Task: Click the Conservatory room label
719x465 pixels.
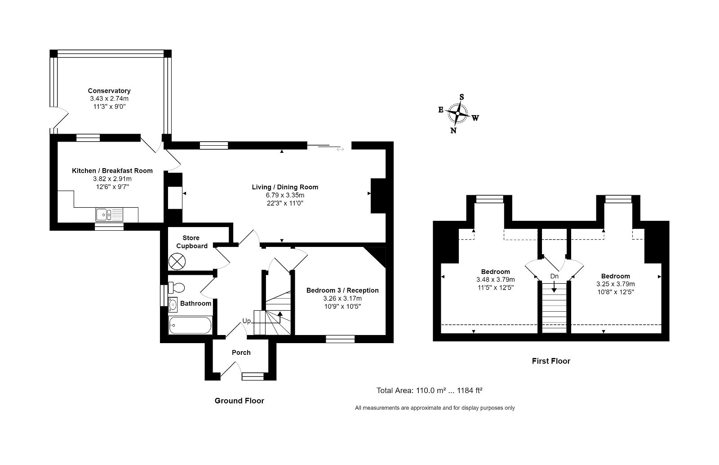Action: (x=109, y=91)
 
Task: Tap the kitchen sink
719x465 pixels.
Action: (x=109, y=215)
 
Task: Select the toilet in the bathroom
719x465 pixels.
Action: (x=176, y=287)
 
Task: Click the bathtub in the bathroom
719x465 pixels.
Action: (x=190, y=325)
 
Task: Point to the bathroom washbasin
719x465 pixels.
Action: (x=173, y=304)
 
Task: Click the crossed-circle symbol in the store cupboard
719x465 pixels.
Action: (x=177, y=261)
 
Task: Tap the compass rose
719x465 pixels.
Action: (x=458, y=113)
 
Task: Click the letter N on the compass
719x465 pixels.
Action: (x=453, y=130)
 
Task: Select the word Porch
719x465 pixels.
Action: (x=241, y=353)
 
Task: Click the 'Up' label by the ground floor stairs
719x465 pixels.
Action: (x=247, y=321)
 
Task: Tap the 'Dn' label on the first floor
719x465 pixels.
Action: (x=555, y=276)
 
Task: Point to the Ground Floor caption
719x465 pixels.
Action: (x=239, y=401)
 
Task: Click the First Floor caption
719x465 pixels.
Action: (x=551, y=361)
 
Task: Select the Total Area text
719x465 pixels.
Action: (x=430, y=390)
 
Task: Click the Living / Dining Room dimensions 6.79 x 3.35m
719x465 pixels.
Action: (x=285, y=195)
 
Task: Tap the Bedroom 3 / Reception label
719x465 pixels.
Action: (x=342, y=291)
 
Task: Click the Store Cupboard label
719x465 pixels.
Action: (x=191, y=242)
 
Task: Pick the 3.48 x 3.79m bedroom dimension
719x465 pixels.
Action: (x=496, y=279)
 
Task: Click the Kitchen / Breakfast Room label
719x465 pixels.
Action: (x=112, y=171)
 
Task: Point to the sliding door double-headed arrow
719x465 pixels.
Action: (x=340, y=149)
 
